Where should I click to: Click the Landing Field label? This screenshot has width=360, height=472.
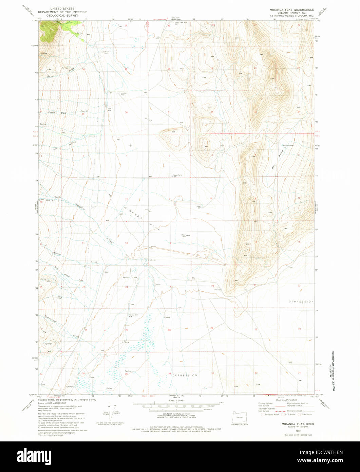coord(123,94)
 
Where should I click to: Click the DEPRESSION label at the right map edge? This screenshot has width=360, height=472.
coord(301,302)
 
